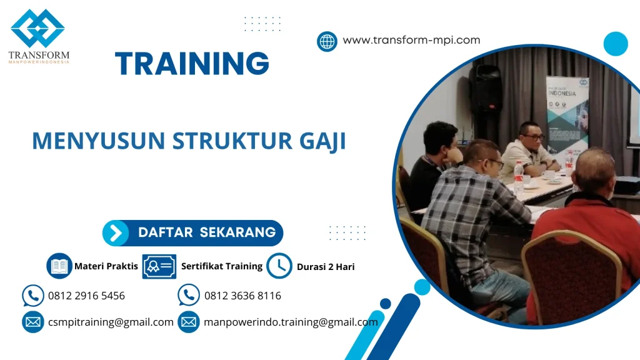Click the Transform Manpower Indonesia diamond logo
pyautogui.click(x=37, y=28)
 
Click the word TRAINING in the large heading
pyautogui.click(x=192, y=64)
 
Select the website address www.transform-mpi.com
pyautogui.click(x=411, y=40)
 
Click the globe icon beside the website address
pyautogui.click(x=327, y=41)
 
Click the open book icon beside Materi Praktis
pyautogui.click(x=59, y=266)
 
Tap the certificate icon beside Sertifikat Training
pyautogui.click(x=159, y=266)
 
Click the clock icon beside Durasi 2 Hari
pyautogui.click(x=279, y=266)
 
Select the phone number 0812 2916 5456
pyautogui.click(x=86, y=296)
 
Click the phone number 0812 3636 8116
pyautogui.click(x=242, y=296)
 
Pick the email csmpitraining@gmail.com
pyautogui.click(x=111, y=322)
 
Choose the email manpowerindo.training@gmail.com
pyautogui.click(x=291, y=322)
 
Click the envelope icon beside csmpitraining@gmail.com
pyautogui.click(x=32, y=322)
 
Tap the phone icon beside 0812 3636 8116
pyautogui.click(x=188, y=295)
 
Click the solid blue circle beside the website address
pyautogui.click(x=615, y=44)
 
